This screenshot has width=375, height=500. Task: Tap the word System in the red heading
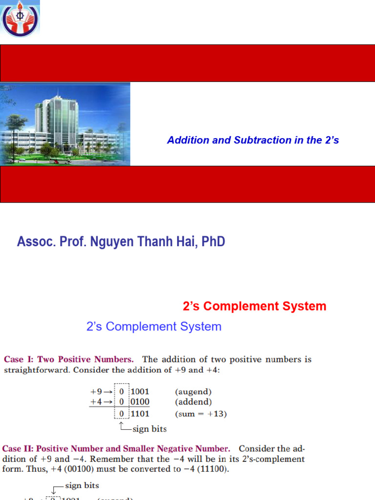[302, 307]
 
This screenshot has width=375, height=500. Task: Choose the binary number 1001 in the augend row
[140, 392]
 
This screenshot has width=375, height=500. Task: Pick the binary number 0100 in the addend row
[140, 402]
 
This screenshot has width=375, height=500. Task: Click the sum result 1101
[140, 414]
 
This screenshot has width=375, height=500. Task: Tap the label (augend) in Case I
[193, 392]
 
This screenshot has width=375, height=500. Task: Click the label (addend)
[193, 402]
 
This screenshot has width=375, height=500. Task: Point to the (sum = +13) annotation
[201, 414]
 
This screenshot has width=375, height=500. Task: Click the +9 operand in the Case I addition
[97, 392]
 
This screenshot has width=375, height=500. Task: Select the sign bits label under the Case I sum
[149, 429]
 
